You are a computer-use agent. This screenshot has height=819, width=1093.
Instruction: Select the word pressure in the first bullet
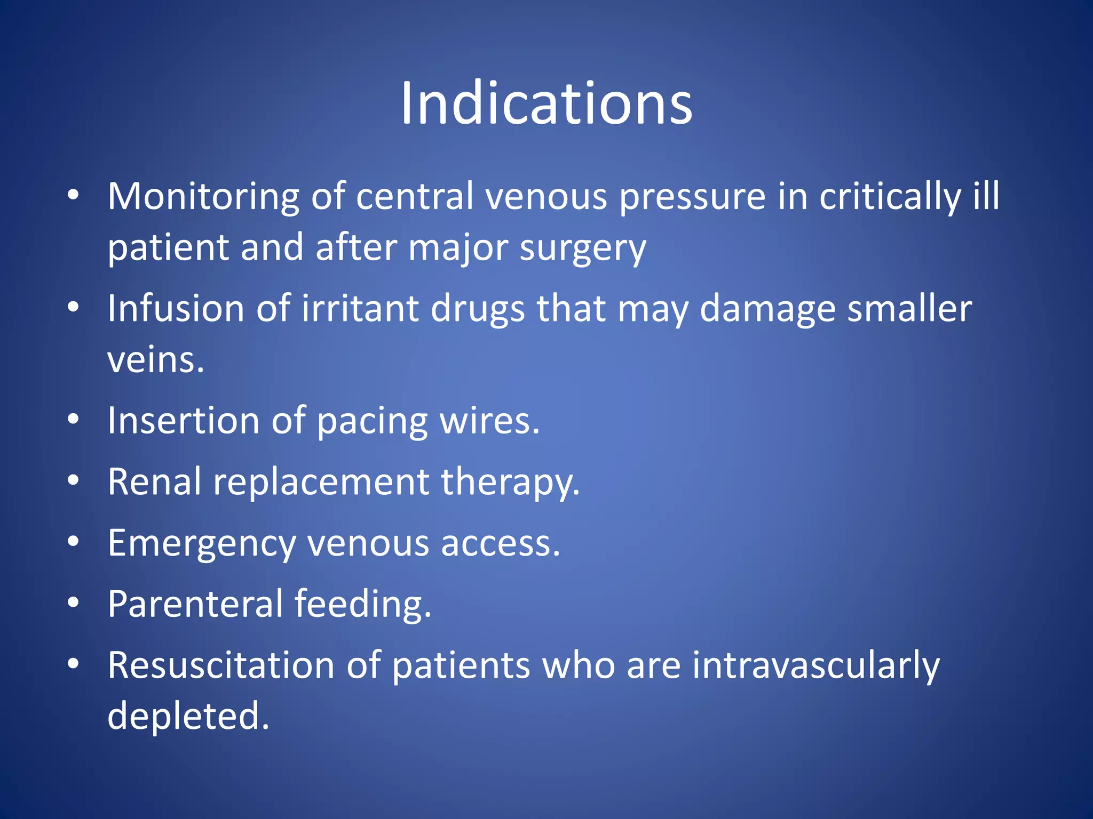pos(692,197)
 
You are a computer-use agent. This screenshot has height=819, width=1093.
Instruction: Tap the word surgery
pos(583,248)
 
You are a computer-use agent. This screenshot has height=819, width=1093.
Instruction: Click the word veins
pos(155,360)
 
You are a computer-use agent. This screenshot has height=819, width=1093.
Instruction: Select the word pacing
pos(372,421)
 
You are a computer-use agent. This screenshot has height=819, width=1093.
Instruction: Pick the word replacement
pos(321,481)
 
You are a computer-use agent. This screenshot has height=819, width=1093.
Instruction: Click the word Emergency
pos(201,543)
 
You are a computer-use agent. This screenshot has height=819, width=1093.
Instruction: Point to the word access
pos(500,543)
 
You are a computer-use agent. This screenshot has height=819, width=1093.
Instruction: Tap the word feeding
pos(362,604)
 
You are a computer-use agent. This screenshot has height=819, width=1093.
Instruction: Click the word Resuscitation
pos(221,665)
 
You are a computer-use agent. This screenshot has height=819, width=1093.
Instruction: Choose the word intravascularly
pos(815,665)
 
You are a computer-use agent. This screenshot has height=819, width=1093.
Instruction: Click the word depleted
pos(188,716)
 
